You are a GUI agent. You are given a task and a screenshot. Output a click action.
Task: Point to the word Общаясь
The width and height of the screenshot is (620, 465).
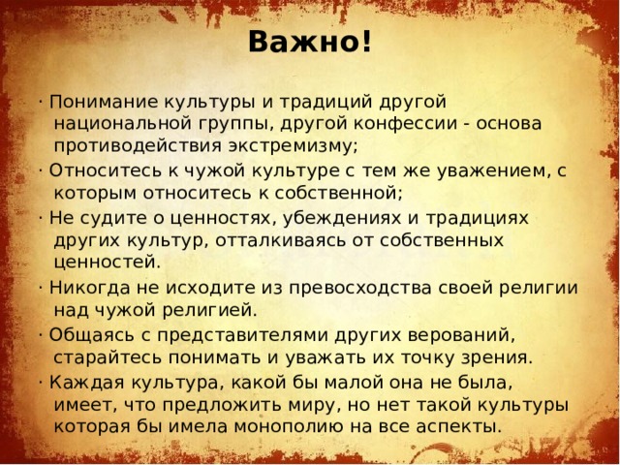point(84,336)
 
